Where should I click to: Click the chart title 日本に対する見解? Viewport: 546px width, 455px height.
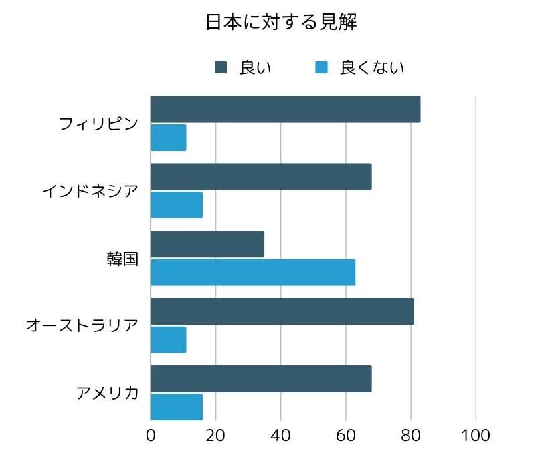(281, 23)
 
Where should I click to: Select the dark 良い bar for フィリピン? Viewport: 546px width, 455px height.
(285, 110)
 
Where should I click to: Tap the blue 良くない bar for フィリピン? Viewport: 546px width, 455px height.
(169, 138)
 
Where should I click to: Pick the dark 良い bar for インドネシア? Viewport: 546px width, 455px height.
(261, 177)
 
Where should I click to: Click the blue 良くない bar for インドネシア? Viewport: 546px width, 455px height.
(177, 204)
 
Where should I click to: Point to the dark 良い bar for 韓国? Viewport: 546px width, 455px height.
(207, 244)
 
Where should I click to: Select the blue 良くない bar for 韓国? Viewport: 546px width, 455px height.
(253, 272)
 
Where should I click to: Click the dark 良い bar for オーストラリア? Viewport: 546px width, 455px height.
(282, 311)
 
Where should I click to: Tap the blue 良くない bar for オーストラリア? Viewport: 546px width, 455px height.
(169, 339)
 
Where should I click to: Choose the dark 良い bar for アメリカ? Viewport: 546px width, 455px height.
(261, 379)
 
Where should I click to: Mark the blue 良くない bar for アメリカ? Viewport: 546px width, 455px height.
(177, 407)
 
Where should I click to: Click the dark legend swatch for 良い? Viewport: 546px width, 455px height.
(221, 67)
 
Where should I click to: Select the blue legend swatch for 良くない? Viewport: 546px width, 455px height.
(322, 67)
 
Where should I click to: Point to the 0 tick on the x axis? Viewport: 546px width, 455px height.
(151, 436)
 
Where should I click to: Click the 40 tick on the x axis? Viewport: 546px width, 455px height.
(281, 436)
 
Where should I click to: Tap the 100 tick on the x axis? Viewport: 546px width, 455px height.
(476, 436)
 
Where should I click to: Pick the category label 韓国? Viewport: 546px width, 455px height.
(122, 259)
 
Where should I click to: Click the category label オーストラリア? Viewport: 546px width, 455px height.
(82, 326)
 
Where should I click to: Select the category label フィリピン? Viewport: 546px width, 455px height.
(98, 124)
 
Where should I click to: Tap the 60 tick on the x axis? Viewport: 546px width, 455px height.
(346, 436)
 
